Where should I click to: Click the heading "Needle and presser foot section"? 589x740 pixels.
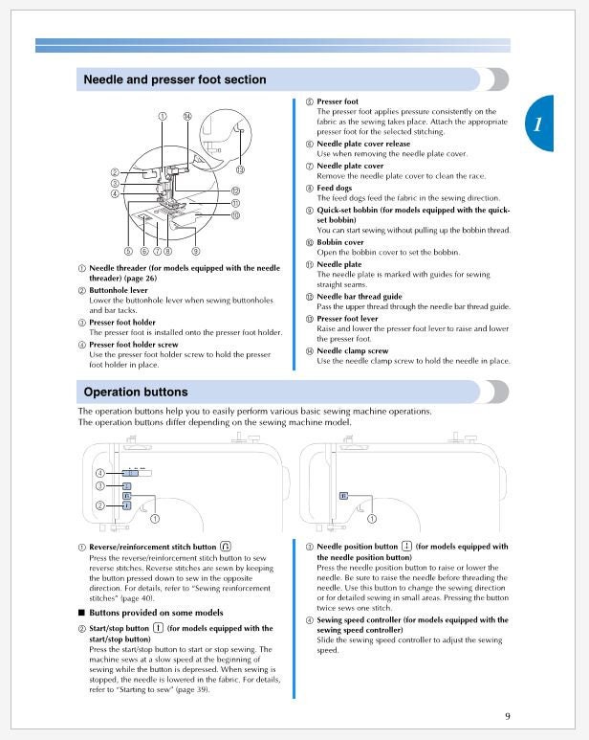pyautogui.click(x=175, y=79)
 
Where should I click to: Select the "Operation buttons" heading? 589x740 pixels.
pyautogui.click(x=136, y=392)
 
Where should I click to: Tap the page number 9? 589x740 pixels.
pyautogui.click(x=508, y=716)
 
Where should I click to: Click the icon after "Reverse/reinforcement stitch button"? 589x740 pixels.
pyautogui.click(x=225, y=547)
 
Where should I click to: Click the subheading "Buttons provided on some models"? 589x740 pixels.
pyautogui.click(x=157, y=612)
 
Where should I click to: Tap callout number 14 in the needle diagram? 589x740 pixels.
pyautogui.click(x=186, y=116)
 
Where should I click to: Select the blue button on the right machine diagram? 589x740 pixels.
pyautogui.click(x=343, y=496)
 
